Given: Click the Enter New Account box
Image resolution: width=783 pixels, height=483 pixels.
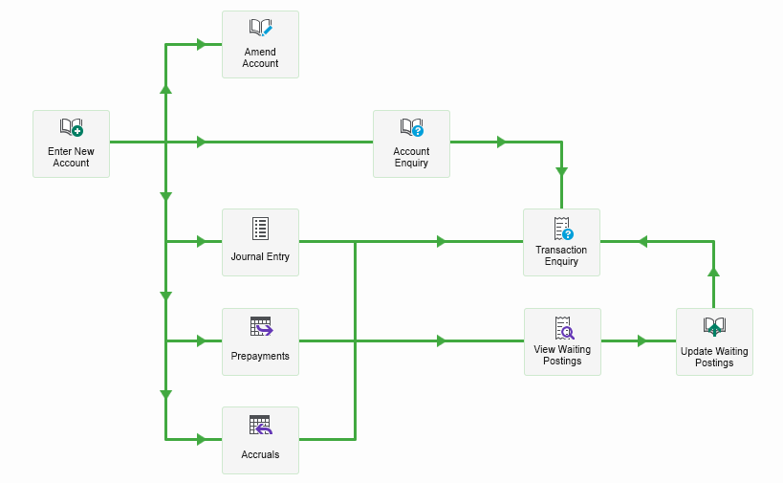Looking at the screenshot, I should pyautogui.click(x=71, y=143).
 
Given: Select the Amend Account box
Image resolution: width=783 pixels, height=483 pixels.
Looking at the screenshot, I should pyautogui.click(x=260, y=44).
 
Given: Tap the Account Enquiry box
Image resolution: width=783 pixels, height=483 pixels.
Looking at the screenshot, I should pyautogui.click(x=411, y=143).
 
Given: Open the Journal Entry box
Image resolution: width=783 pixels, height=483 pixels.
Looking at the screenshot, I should pyautogui.click(x=260, y=242).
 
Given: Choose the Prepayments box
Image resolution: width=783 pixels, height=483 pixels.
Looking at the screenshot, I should pyautogui.click(x=260, y=341).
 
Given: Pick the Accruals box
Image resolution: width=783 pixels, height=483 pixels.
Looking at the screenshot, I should pyautogui.click(x=260, y=440).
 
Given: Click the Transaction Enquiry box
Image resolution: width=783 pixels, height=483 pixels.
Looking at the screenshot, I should pyautogui.click(x=561, y=242).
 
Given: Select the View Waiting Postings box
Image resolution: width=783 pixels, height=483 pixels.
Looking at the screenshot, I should pyautogui.click(x=562, y=341).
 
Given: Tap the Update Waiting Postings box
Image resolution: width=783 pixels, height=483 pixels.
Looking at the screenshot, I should pyautogui.click(x=714, y=341).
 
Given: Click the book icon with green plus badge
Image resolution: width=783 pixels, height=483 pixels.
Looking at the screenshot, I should pyautogui.click(x=71, y=128).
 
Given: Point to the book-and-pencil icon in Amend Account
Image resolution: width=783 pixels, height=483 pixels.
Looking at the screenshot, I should pyautogui.click(x=260, y=29).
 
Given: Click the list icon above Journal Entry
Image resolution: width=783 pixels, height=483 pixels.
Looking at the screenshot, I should pyautogui.click(x=260, y=228).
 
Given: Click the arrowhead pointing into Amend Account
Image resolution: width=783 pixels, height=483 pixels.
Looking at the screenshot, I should pyautogui.click(x=202, y=44).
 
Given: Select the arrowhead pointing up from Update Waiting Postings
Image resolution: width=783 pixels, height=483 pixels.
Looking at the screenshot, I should pyautogui.click(x=713, y=273).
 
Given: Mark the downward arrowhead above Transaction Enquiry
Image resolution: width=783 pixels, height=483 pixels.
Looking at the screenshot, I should pyautogui.click(x=561, y=172).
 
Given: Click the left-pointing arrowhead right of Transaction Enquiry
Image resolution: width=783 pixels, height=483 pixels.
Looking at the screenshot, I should pyautogui.click(x=642, y=242).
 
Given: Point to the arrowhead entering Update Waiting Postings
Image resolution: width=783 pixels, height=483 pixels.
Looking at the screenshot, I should pyautogui.click(x=642, y=340).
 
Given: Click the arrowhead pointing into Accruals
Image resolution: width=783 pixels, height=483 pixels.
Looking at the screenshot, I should pyautogui.click(x=202, y=440).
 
